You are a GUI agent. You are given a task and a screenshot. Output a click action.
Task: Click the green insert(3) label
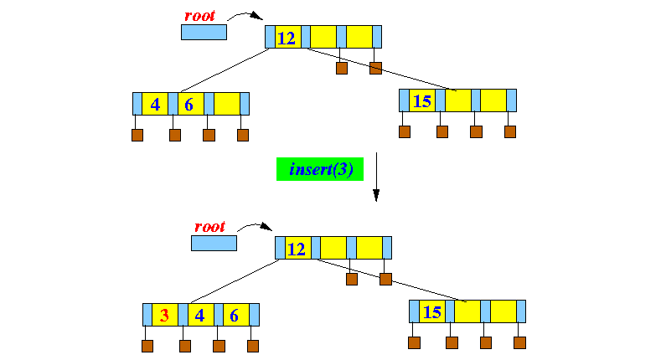tap(321, 169)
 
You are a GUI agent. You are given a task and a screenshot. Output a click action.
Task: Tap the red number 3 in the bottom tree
tap(164, 315)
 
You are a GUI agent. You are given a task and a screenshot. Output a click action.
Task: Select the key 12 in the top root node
tap(287, 37)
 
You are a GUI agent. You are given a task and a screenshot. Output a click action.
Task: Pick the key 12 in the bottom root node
tap(297, 249)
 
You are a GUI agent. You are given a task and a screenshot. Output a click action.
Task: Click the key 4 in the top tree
tap(155, 104)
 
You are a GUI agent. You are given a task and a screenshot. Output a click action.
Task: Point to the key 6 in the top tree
tap(189, 104)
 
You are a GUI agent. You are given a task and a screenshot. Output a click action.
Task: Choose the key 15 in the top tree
tap(422, 101)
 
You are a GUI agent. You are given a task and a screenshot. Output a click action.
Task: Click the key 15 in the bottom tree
tap(432, 312)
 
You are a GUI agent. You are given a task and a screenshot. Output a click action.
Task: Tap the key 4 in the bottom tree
tap(199, 315)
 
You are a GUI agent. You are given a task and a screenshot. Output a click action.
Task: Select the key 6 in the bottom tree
tap(234, 315)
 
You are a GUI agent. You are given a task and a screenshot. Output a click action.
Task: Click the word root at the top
tap(201, 15)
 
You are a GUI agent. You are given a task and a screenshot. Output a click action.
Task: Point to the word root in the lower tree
tap(209, 227)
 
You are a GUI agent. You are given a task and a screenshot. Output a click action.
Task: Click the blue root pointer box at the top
tap(204, 33)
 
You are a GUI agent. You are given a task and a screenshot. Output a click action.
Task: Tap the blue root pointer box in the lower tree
tap(214, 244)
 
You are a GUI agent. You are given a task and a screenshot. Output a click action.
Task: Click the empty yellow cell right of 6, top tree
tap(226, 104)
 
